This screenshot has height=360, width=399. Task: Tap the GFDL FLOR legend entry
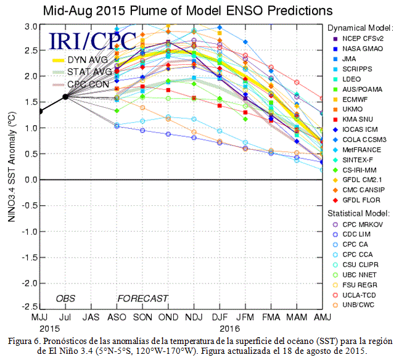(x=356, y=200)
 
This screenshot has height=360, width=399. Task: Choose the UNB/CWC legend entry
(x=353, y=305)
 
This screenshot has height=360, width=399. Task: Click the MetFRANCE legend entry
(x=357, y=150)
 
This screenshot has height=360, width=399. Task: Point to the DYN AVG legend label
(x=88, y=60)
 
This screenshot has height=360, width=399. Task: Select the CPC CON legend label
(x=88, y=84)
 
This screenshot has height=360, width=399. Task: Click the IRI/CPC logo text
(x=92, y=41)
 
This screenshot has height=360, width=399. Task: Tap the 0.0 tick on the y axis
(x=31, y=179)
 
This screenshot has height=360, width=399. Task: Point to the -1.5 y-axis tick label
(x=30, y=258)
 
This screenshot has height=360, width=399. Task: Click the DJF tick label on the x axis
(x=220, y=317)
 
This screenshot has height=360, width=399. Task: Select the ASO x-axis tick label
(x=117, y=317)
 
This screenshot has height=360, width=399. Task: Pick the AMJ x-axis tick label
(x=323, y=317)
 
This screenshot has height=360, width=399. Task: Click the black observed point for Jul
(x=65, y=97)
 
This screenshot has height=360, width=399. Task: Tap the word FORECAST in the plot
(x=142, y=298)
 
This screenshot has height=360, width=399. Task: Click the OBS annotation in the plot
(x=65, y=298)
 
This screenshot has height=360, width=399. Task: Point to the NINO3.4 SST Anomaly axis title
(x=12, y=167)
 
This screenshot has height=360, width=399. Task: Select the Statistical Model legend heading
(x=358, y=213)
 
